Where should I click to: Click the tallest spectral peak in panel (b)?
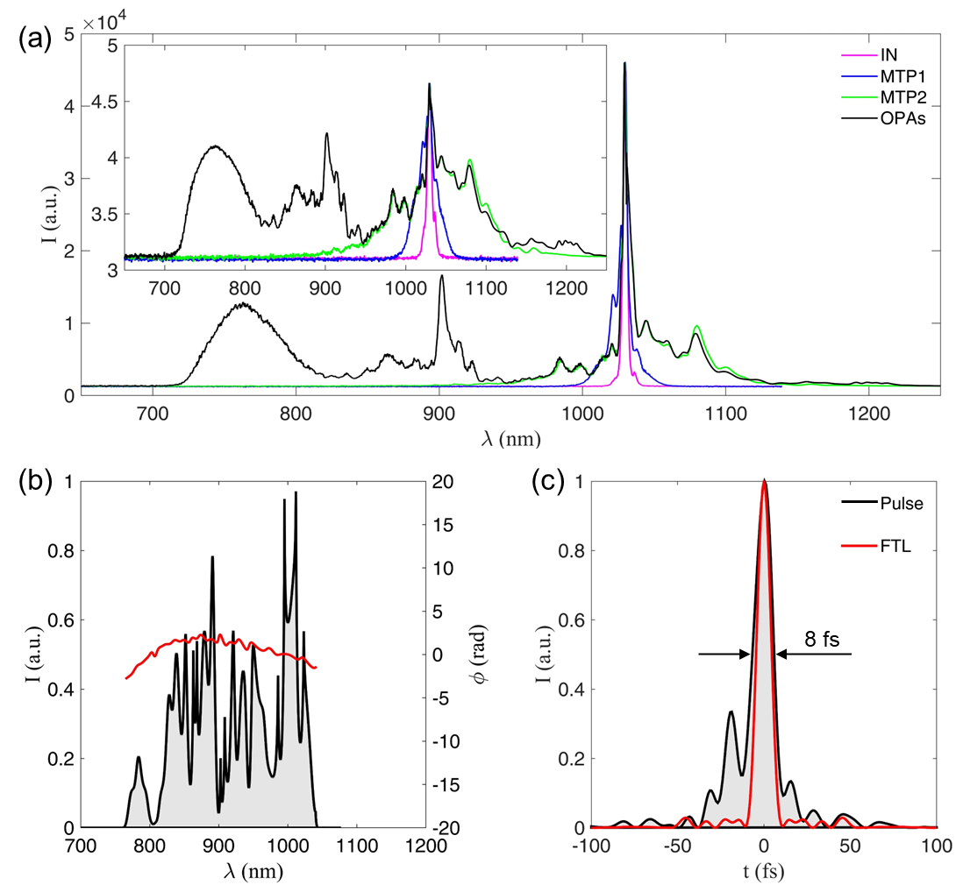(x=296, y=492)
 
